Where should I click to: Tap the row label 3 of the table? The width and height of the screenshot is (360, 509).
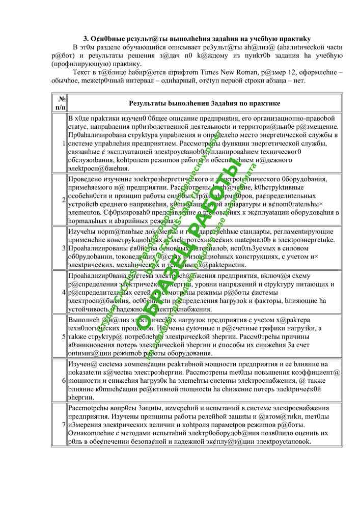click(63, 248)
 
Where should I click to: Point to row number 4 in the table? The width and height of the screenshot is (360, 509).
click(63, 292)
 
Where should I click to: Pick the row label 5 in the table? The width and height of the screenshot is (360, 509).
click(63, 336)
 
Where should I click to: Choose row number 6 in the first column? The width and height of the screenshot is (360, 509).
click(63, 380)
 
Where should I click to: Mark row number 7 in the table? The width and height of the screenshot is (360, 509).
click(63, 424)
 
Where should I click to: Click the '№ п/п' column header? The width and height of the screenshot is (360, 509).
click(60, 103)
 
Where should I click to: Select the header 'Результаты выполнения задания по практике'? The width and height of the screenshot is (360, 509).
click(204, 103)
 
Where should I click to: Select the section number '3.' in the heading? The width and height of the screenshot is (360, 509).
click(86, 39)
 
